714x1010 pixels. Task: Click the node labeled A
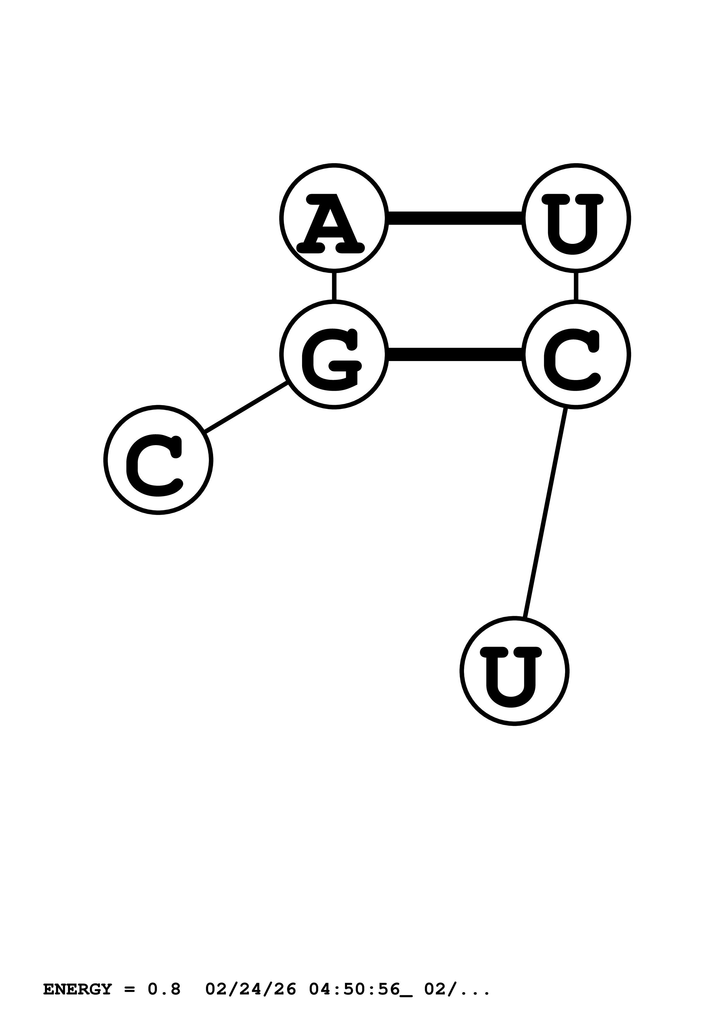[334, 218]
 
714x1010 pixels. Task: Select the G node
[334, 354]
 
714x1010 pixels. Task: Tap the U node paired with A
[576, 218]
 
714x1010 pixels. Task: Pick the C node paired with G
[576, 354]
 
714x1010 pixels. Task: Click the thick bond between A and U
[455, 218]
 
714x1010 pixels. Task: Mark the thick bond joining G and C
[455, 354]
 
